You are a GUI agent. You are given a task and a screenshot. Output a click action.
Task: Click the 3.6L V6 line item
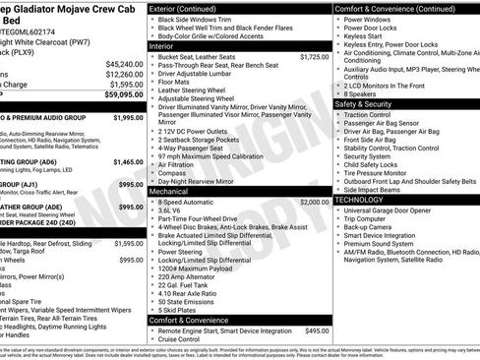click(x=170, y=211)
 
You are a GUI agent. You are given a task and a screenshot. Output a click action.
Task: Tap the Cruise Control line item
click(x=184, y=340)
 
